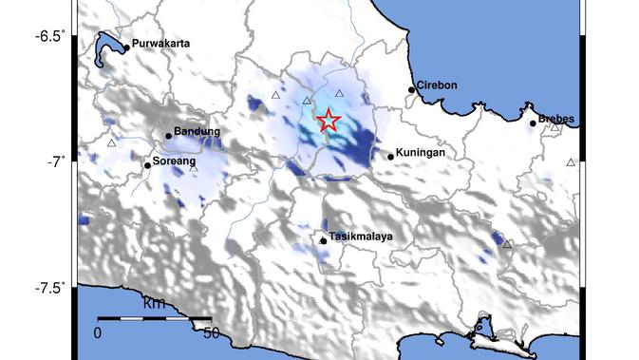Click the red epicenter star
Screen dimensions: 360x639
click(328, 121)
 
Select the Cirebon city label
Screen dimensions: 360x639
click(438, 85)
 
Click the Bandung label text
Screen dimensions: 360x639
click(197, 131)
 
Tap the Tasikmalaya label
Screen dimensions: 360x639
click(360, 237)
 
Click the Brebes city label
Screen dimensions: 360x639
click(557, 120)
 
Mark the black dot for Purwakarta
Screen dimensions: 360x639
click(127, 47)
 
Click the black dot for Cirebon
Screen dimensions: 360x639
click(412, 89)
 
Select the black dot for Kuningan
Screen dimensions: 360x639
click(390, 157)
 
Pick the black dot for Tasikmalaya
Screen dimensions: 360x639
click(324, 240)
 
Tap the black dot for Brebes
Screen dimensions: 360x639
click(534, 123)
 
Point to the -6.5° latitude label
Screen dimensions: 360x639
click(50, 36)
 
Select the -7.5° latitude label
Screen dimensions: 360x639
click(50, 288)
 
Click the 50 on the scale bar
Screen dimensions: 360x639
click(212, 333)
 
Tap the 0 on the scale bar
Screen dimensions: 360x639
click(97, 333)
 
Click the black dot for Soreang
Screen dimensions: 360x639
click(147, 165)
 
